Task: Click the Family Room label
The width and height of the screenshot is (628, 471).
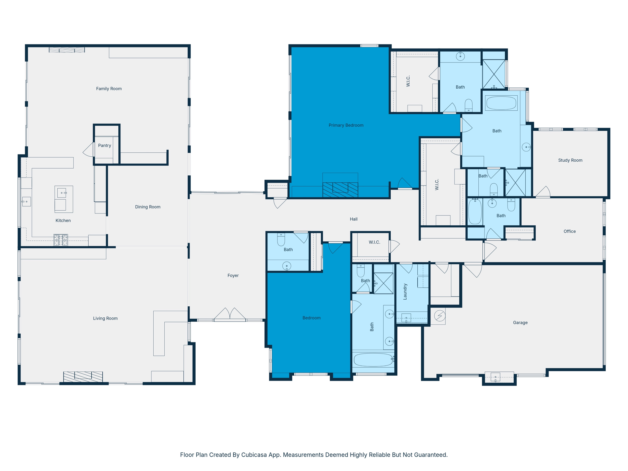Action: click(x=109, y=89)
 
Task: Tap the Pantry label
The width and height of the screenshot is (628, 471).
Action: click(x=105, y=146)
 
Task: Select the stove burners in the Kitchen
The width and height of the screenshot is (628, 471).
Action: click(x=61, y=240)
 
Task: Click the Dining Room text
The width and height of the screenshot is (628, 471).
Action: click(x=148, y=207)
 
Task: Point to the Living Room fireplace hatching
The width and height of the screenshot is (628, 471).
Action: click(x=83, y=376)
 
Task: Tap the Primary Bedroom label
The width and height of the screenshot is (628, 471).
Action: click(x=346, y=125)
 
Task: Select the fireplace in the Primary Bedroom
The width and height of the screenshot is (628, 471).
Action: click(x=340, y=190)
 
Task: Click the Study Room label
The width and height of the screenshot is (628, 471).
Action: click(x=570, y=160)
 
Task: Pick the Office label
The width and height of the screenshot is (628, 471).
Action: click(x=569, y=231)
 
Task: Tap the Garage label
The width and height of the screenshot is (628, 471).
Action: click(x=520, y=323)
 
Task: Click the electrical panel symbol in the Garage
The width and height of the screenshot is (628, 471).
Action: click(x=440, y=316)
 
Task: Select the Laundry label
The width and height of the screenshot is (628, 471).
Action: click(x=405, y=291)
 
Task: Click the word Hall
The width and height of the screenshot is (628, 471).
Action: click(x=354, y=219)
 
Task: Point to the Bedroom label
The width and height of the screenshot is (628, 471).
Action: click(x=311, y=318)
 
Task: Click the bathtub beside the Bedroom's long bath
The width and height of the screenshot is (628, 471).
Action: click(x=373, y=360)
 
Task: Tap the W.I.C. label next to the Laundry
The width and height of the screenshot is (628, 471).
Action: click(x=374, y=242)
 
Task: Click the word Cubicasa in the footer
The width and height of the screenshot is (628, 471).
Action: click(x=254, y=455)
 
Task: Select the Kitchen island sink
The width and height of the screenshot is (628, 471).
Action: click(x=62, y=193)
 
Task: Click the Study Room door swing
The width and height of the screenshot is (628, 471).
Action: click(x=543, y=192)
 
